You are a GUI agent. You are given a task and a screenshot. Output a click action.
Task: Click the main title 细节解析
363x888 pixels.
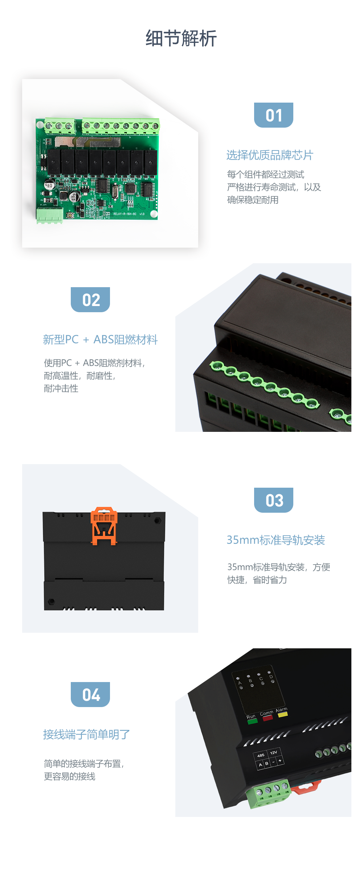coord(181,38)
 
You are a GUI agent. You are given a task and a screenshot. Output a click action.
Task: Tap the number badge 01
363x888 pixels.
coord(274,115)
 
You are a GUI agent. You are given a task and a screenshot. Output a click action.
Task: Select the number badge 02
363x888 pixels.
coord(90,300)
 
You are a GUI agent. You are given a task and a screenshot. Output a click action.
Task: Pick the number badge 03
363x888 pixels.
coord(274,500)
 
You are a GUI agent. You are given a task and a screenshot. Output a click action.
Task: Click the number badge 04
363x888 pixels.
coord(90,695)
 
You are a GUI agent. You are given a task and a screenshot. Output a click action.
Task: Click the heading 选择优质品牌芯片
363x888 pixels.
coord(270,155)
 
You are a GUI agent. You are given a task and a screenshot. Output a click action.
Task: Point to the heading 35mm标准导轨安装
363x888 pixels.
coord(276,540)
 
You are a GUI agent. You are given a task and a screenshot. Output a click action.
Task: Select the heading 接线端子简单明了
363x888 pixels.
coord(86,734)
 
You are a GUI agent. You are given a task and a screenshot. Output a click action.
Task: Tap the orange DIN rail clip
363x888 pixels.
coord(104,525)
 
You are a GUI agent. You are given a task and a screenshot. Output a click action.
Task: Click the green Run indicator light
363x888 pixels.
coord(252,722)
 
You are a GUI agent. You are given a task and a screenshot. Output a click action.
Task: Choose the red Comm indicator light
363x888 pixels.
coord(268,718)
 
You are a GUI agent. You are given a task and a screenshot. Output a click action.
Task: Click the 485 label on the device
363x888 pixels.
coord(261,756)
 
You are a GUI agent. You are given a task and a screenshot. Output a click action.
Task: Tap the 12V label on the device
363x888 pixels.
coord(274,752)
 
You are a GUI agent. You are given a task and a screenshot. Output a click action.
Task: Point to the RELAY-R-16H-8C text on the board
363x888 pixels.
coord(125,214)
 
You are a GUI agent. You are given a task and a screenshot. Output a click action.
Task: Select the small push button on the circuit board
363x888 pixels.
coord(69,216)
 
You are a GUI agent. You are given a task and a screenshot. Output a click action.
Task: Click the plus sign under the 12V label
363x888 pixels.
coord(280,761)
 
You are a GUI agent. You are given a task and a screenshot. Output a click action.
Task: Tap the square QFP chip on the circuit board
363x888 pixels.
coord(130,188)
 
